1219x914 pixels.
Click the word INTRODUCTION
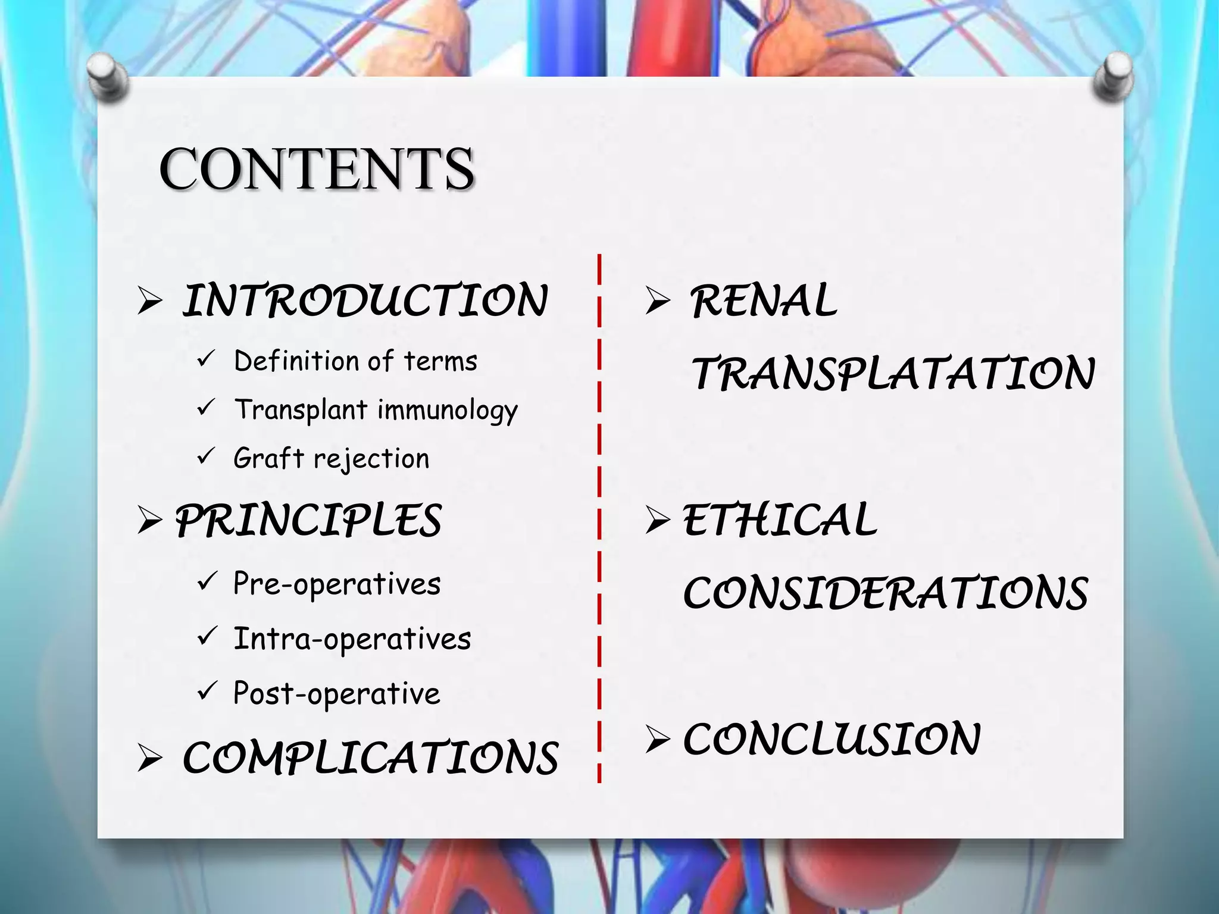364,301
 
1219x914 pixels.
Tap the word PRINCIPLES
308,520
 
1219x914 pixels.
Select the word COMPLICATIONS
370,758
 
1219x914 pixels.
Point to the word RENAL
764,301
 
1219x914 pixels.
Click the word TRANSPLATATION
893,373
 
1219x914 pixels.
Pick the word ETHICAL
780,520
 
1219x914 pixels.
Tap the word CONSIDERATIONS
886,593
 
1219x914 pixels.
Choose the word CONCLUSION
832,739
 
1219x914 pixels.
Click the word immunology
448,411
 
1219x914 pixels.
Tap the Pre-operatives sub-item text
337,584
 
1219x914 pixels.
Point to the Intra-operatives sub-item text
352,639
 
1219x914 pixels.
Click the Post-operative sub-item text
336,694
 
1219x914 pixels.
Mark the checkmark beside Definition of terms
205,359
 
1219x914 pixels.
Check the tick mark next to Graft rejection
205,456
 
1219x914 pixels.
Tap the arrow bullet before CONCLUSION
657,740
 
